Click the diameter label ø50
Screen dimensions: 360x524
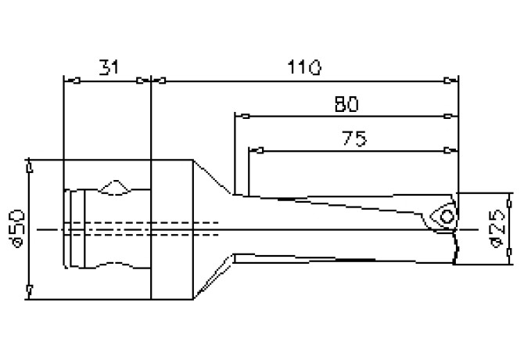17,228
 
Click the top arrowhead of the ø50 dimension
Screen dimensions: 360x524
29,167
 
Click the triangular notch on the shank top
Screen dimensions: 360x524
115,188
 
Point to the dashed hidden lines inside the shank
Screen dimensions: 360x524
141,228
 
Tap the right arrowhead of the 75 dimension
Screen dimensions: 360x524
450,149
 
